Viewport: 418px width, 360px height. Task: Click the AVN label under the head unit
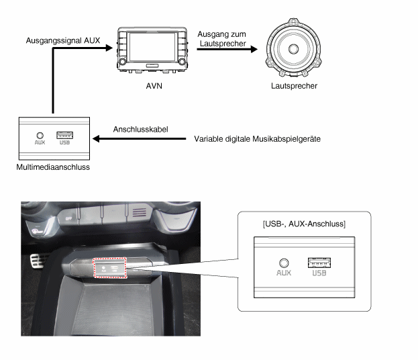pos(154,86)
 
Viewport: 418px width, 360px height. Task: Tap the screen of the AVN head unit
pos(152,47)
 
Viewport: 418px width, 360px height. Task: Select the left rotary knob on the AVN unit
pos(122,62)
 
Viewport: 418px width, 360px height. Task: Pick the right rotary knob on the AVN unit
pos(182,62)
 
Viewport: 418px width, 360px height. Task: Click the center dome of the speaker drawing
pos(293,49)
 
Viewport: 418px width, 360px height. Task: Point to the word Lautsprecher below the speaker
pos(294,86)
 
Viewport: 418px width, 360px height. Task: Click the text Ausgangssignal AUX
pos(63,40)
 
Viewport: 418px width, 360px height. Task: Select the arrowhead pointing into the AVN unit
pos(109,48)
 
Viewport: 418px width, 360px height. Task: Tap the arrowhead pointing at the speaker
pos(254,49)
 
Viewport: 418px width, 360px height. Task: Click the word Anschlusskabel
pos(140,130)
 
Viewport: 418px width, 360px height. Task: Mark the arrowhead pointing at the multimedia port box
pos(96,139)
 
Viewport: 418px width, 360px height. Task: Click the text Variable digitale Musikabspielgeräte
pos(257,139)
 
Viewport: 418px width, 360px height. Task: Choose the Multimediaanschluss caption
pos(53,167)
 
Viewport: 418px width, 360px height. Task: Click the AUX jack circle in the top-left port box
pos(40,136)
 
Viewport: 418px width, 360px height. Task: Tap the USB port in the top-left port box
pos(65,135)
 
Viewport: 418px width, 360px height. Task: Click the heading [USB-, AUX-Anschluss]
pos(304,224)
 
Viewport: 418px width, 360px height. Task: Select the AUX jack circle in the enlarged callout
pos(284,263)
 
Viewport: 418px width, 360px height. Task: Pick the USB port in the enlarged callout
pos(319,263)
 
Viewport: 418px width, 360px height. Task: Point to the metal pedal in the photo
pos(36,261)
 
